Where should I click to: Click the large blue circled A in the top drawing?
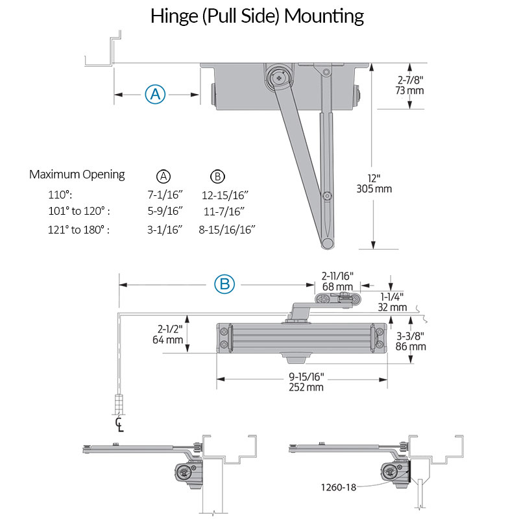click(x=155, y=95)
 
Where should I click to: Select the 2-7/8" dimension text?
click(x=410, y=80)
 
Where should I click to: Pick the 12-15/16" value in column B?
click(x=225, y=195)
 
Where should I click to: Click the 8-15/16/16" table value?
click(x=227, y=229)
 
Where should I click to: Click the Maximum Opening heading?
click(x=77, y=175)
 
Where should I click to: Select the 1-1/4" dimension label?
click(x=392, y=296)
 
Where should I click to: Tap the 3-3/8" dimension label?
click(x=411, y=336)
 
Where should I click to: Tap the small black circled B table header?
click(x=218, y=176)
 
